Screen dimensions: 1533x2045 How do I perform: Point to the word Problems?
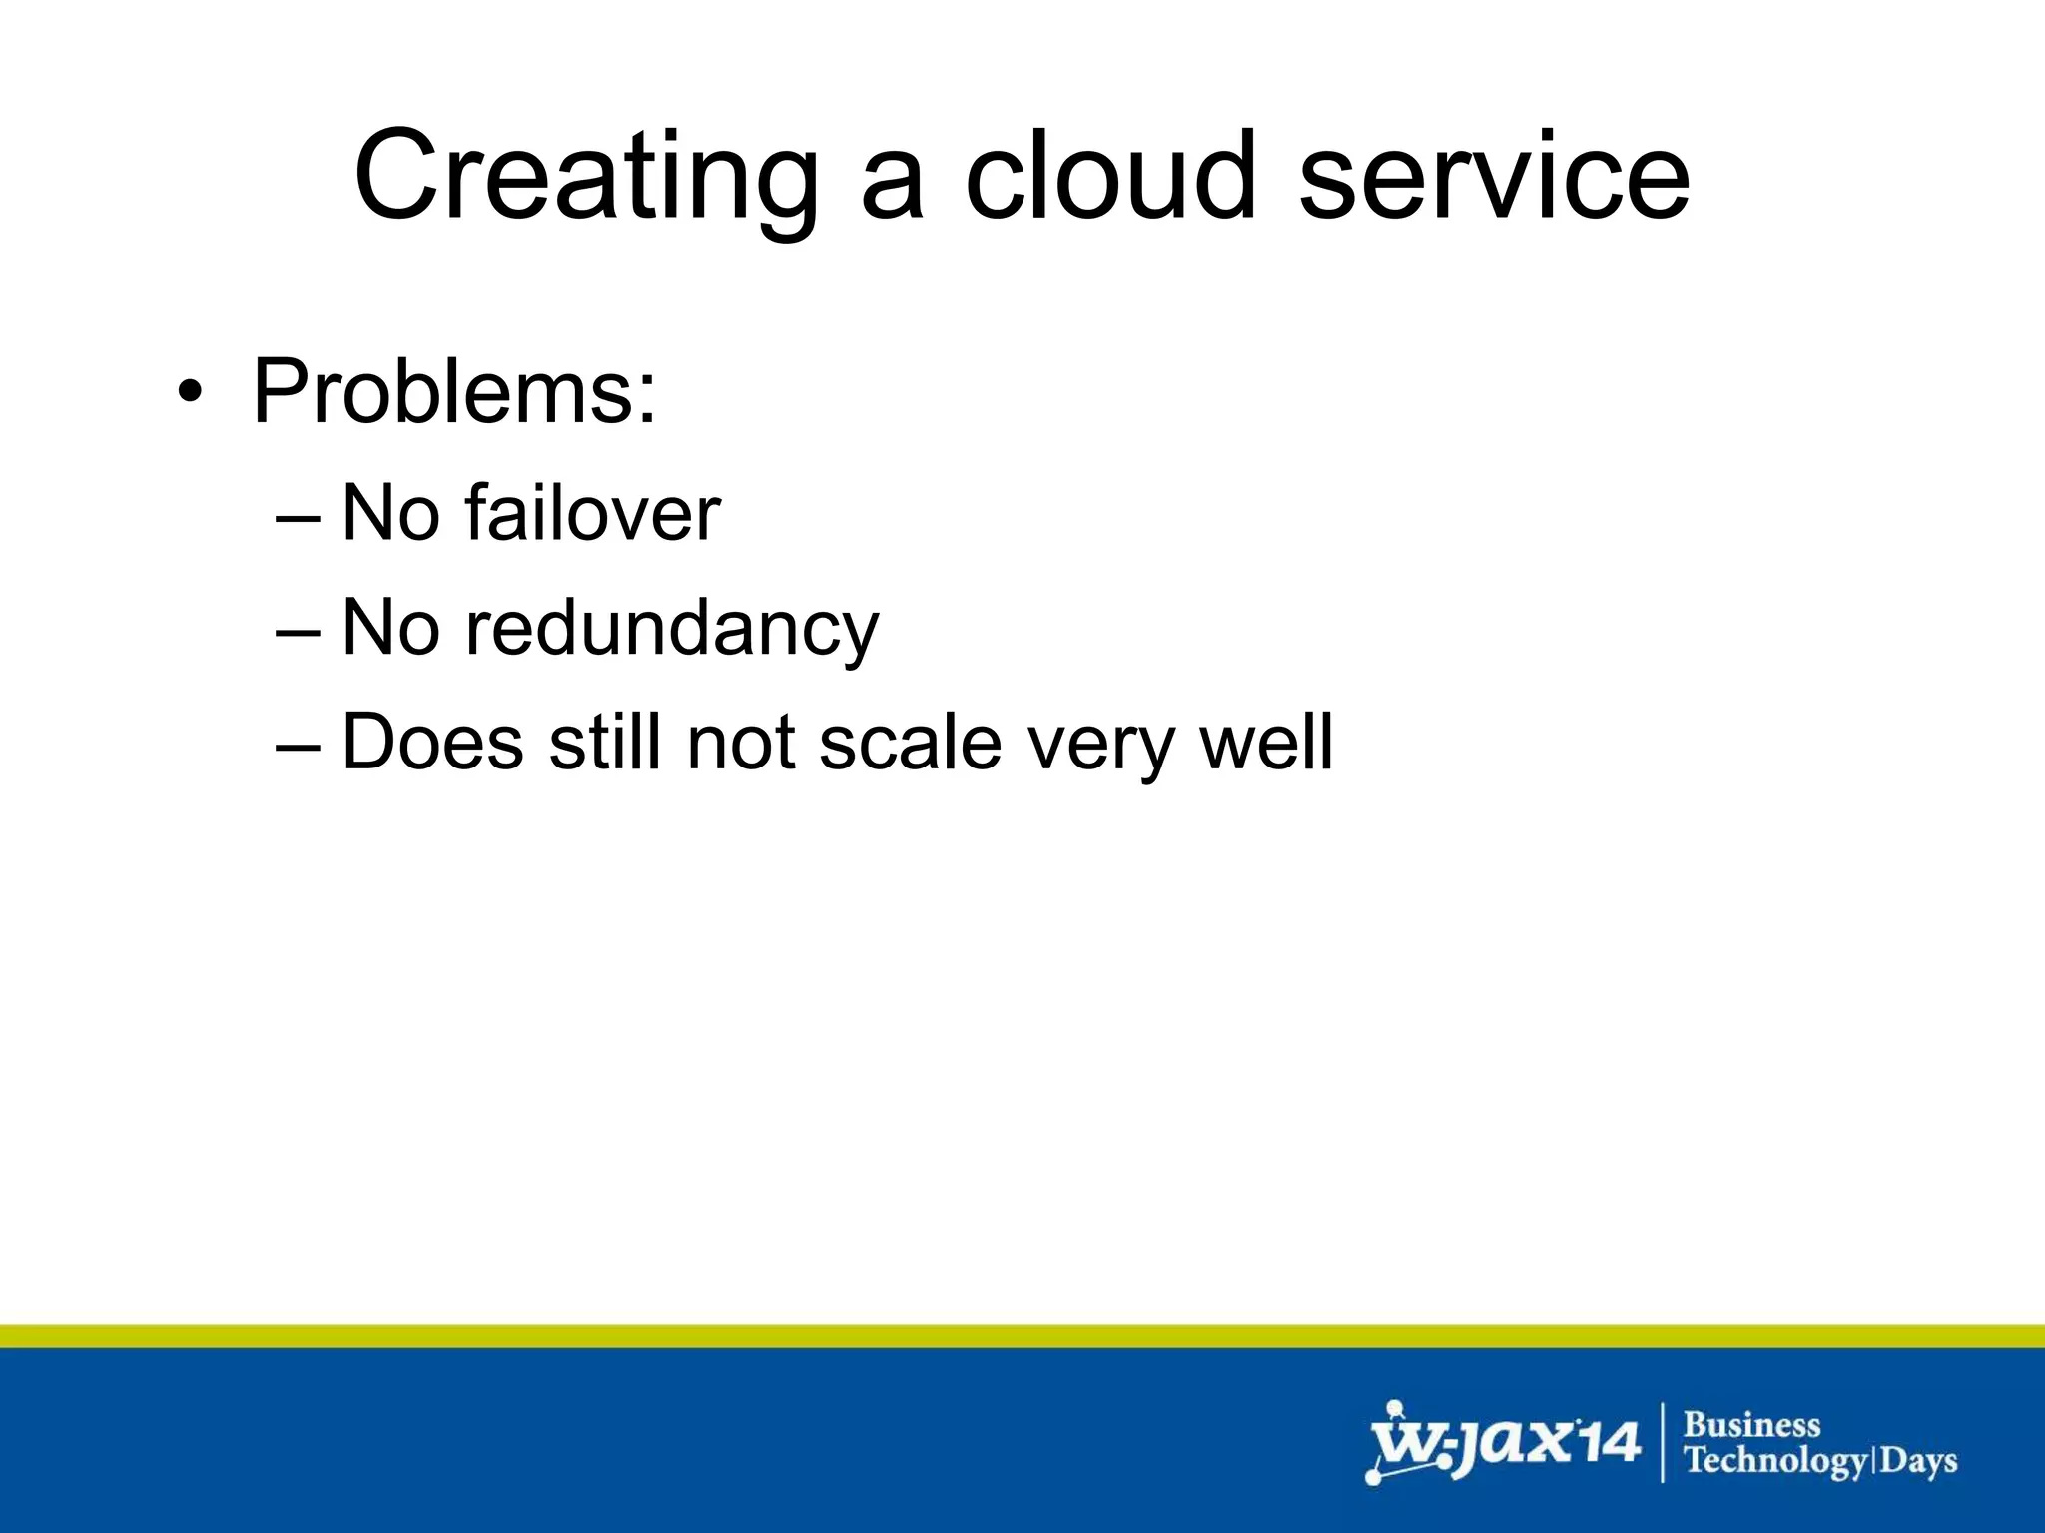pyautogui.click(x=454, y=391)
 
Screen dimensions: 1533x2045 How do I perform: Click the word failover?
pyautogui.click(x=592, y=513)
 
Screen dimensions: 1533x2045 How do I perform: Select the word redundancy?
pyautogui.click(x=672, y=629)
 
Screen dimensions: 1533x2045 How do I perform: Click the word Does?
pyautogui.click(x=432, y=743)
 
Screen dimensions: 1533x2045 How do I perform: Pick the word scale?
pyautogui.click(x=910, y=743)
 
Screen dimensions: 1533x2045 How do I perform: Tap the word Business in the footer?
pyautogui.click(x=1751, y=1424)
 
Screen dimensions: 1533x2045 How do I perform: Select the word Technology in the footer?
pyautogui.click(x=1774, y=1462)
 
